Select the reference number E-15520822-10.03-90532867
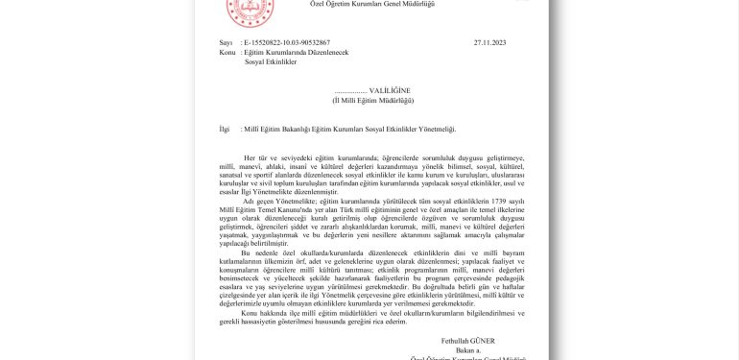pos(281,43)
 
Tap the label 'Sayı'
pos(226,43)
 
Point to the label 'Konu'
pos(228,52)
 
